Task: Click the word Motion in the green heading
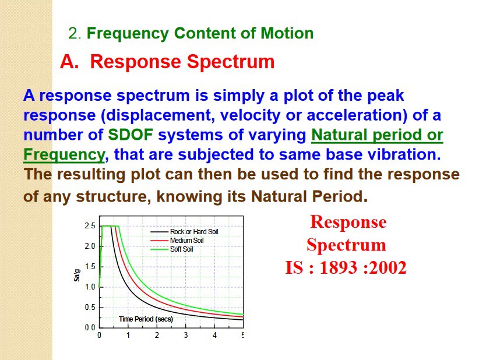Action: [287, 33]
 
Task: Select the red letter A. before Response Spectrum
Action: [69, 61]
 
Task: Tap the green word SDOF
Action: [131, 135]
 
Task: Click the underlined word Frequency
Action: [64, 154]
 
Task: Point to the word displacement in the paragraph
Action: [158, 115]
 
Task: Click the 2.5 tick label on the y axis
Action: [90, 226]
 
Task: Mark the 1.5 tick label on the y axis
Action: [90, 266]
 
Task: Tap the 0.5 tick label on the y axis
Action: [90, 308]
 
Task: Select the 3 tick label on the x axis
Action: [186, 335]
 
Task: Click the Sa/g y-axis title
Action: [77, 275]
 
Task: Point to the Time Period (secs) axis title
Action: [146, 319]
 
